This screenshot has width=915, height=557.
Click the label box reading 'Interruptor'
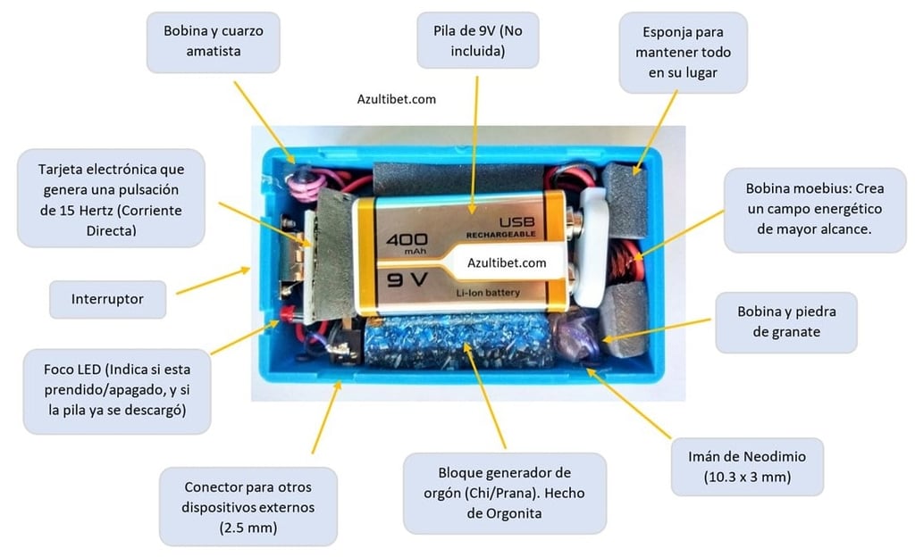107,299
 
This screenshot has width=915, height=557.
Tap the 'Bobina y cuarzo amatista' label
213,41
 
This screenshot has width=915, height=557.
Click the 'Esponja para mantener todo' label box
683,52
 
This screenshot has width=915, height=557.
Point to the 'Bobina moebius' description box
813,209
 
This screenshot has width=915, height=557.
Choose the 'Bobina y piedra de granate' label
785,322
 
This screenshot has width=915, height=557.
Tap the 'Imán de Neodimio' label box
747,467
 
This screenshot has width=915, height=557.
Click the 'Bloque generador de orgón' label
505,493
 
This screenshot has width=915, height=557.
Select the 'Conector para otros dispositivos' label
248,507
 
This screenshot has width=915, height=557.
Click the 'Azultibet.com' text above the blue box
396,99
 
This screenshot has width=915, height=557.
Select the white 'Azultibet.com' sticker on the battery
507,262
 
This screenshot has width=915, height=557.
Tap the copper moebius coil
637,262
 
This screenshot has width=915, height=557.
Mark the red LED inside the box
288,313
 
